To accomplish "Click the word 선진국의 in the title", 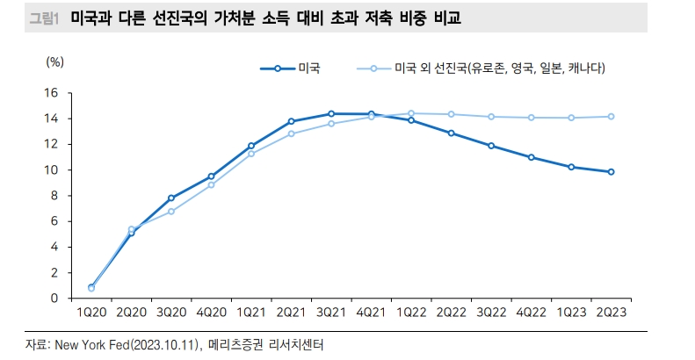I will click(x=180, y=18).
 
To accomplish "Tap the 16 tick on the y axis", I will click(x=50, y=93).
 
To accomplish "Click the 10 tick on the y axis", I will click(x=50, y=169).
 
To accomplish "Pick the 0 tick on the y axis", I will click(x=54, y=299).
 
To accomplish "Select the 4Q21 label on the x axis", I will click(x=371, y=313).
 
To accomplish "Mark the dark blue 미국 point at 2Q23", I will click(x=610, y=172).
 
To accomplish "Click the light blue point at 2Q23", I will click(x=610, y=117).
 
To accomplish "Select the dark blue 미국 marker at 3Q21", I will click(x=331, y=113).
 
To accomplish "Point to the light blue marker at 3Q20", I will click(x=171, y=212).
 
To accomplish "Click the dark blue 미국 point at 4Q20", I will click(x=211, y=176).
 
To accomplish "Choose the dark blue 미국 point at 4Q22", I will click(x=531, y=157).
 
